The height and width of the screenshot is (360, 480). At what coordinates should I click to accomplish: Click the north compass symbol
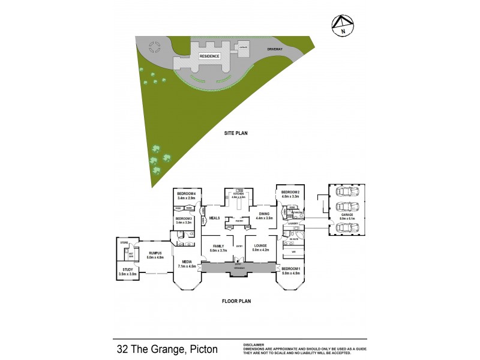(343, 25)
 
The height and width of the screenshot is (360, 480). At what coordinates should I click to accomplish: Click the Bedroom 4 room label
(187, 193)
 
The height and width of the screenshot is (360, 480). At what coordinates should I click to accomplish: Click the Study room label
(128, 270)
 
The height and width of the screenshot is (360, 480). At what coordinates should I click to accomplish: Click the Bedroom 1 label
(291, 268)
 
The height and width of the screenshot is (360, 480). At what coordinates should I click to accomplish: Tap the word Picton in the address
(203, 349)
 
